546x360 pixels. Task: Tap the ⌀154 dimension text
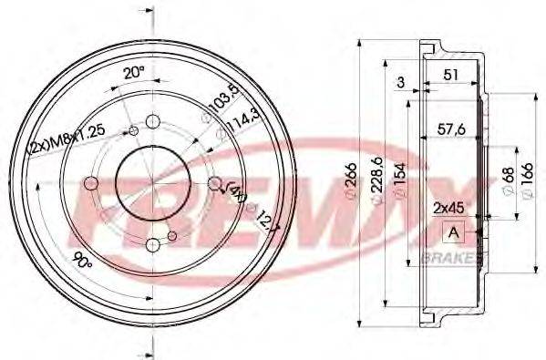(x=399, y=186)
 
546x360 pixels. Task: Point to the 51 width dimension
(x=448, y=77)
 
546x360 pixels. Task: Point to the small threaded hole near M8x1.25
(x=135, y=134)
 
